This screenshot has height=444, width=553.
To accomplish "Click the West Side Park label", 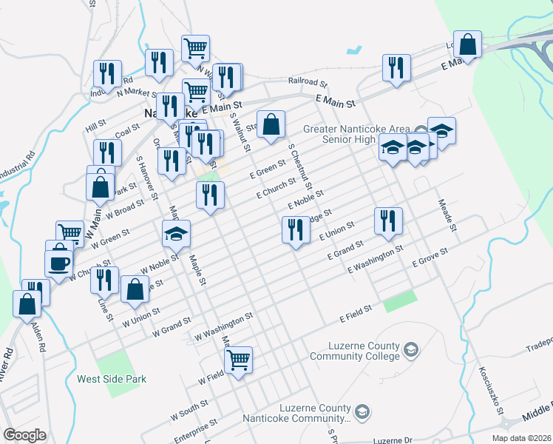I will pos(112,379).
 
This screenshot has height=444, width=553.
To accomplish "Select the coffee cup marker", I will pos(59,263).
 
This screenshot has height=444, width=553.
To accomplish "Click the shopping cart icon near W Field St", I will pos(239,361).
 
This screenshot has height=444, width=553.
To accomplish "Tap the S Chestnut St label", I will pos(300,166).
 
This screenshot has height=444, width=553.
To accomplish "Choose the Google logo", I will pos(24,435).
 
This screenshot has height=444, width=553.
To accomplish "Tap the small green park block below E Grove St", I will pos(400,301).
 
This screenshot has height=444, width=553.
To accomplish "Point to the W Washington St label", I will pos(224,326).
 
